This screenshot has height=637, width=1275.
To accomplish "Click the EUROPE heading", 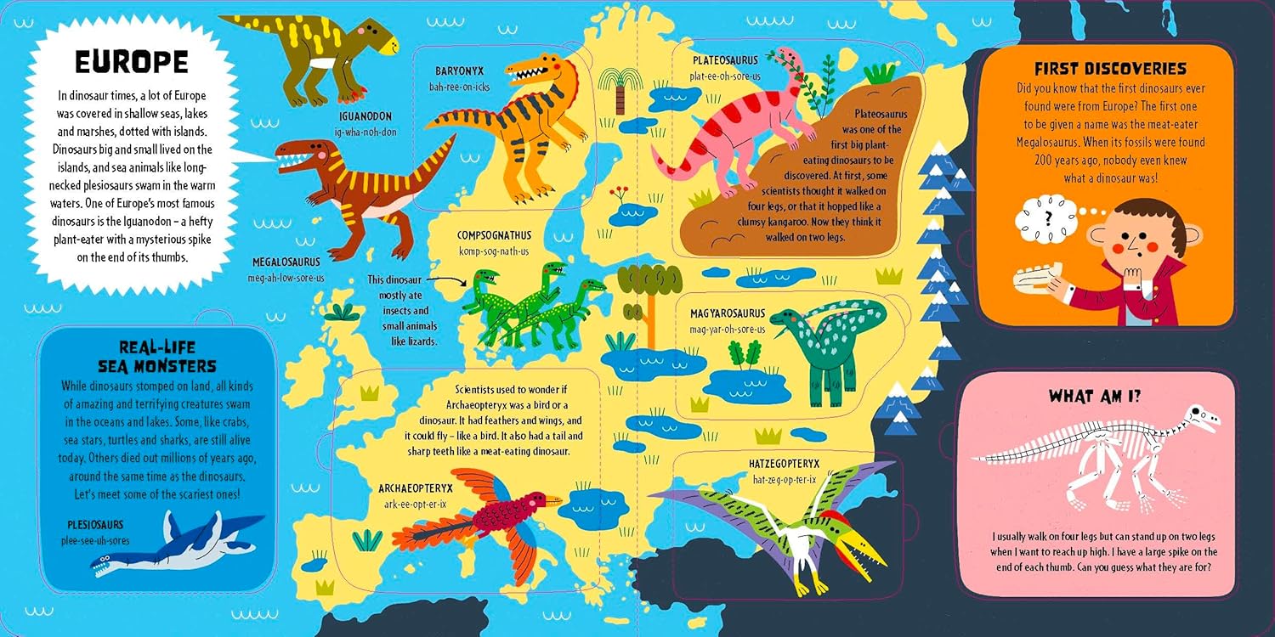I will (131, 62).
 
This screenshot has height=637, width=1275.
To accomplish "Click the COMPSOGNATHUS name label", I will (493, 235).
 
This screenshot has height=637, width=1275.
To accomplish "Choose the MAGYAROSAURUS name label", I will (728, 313).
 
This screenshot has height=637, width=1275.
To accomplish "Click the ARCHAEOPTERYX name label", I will (416, 488).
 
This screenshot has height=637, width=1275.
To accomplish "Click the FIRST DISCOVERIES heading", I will (1110, 68).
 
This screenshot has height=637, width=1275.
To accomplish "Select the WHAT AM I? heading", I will (1094, 395).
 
